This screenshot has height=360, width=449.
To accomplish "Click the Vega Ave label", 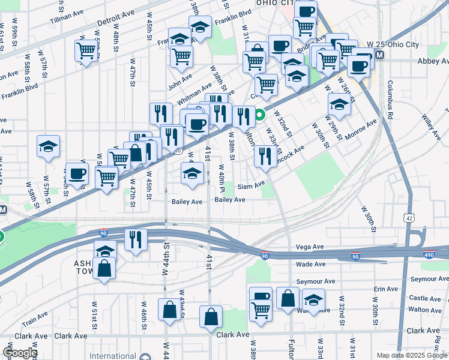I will pos(310,247).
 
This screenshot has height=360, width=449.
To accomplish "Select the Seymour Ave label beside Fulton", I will pos(316,281).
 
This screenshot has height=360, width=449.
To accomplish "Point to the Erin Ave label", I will pos(385,289).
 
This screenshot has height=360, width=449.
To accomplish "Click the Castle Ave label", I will pos(426,298).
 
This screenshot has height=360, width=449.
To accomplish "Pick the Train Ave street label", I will pos(35,316).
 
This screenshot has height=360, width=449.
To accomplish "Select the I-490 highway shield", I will pos(429,254).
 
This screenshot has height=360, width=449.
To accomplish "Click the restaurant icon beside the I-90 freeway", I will pos(136,239).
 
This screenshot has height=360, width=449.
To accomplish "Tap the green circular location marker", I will pos(260,115).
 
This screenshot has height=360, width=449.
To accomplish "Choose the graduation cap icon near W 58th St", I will pos(48,146).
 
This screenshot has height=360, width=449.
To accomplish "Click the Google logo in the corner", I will pos(19,352).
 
